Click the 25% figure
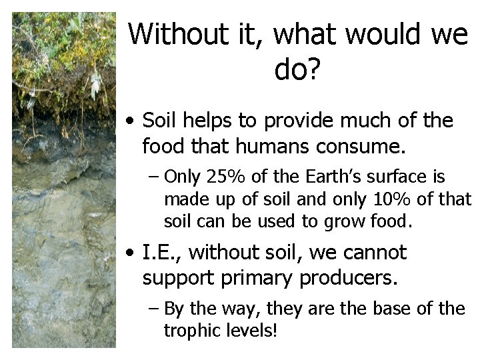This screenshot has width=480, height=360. (221, 177)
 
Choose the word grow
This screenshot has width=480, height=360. (340, 221)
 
